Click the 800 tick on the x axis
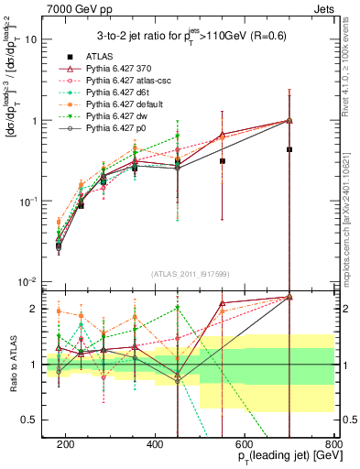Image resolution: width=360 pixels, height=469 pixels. pyautogui.click(x=334, y=443)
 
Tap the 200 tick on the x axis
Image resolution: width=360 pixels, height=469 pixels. pyautogui.click(x=66, y=443)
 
